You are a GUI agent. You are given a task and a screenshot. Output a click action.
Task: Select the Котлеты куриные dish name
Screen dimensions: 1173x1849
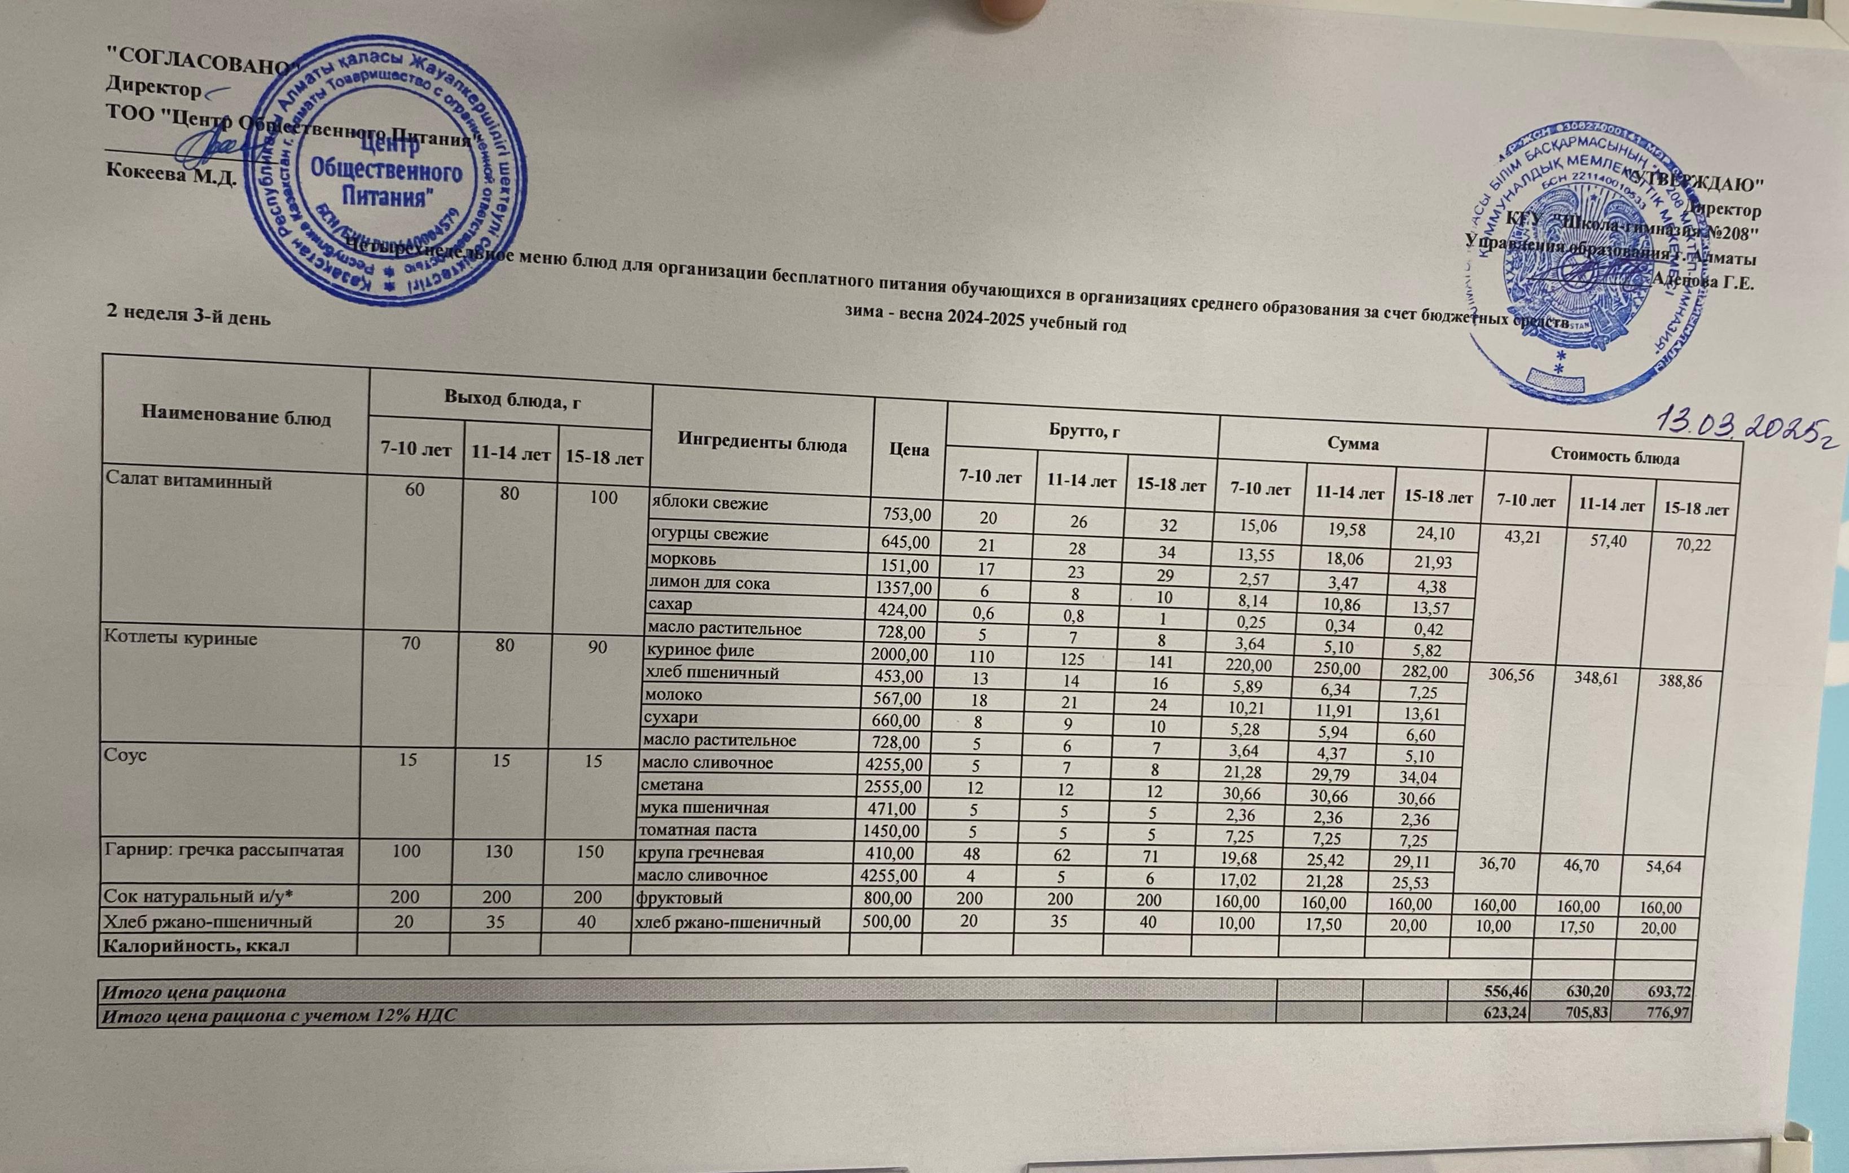181,639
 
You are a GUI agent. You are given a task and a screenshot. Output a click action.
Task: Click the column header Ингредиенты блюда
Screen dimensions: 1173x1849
762,445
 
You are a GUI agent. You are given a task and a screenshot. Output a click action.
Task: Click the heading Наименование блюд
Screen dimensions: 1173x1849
236,418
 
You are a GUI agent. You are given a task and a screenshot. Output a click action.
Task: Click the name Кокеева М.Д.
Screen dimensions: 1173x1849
170,173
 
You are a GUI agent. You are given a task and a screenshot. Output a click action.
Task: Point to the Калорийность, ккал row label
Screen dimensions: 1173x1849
196,945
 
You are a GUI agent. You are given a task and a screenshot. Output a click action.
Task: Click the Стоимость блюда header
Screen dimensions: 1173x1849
1614,458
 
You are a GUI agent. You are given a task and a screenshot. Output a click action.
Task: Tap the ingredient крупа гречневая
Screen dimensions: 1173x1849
700,852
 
